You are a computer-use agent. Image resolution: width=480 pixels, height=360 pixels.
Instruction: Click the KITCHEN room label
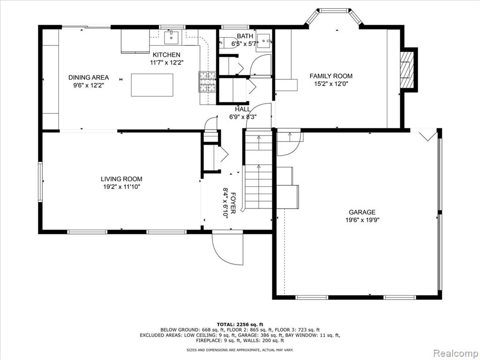point(166,55)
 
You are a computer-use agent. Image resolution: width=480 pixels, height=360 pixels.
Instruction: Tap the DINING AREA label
point(89,77)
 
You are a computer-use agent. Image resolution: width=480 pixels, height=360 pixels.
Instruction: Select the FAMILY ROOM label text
point(331,76)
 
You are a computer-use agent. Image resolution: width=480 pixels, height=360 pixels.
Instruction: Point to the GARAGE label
point(362,212)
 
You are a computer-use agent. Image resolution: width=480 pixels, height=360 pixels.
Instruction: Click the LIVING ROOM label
point(121,179)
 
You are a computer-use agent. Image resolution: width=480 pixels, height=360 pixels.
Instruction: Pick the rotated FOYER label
point(233,203)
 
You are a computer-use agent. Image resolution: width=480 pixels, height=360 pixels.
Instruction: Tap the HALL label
point(243,109)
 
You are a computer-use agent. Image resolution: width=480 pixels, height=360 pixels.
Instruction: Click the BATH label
point(245,36)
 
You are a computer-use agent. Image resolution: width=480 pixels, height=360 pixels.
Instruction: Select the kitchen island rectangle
point(152,85)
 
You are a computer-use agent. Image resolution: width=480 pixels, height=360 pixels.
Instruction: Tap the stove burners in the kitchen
point(208,82)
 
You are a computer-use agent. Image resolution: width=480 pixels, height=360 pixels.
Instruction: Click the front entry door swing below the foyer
point(227,248)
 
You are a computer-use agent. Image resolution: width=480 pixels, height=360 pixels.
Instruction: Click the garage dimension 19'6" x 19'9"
point(362,220)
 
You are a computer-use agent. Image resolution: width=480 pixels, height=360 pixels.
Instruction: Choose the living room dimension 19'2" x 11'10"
point(121,187)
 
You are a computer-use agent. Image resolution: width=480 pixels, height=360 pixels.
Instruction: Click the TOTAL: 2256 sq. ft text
point(240,324)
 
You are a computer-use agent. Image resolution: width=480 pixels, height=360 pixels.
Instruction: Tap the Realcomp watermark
point(455,353)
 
